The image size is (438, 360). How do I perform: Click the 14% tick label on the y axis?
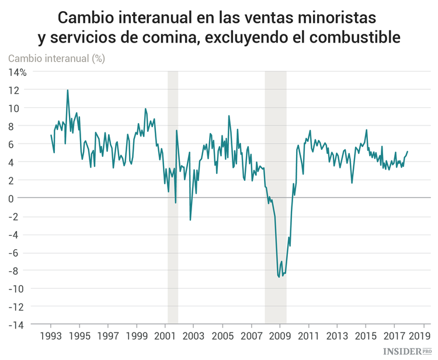click(17, 72)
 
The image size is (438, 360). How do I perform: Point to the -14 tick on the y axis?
click(16, 324)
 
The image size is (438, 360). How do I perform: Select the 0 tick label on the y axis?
click(23, 198)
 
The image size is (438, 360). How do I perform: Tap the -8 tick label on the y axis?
click(19, 271)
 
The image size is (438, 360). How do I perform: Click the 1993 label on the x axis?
click(51, 336)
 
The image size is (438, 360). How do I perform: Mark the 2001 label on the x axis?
click(165, 336)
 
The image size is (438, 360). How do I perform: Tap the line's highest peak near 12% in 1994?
click(68, 90)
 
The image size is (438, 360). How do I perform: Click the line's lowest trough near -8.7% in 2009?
click(279, 277)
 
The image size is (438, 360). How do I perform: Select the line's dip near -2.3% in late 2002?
click(190, 219)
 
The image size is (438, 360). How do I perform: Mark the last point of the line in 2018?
click(408, 152)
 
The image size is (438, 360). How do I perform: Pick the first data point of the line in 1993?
click(51, 135)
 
